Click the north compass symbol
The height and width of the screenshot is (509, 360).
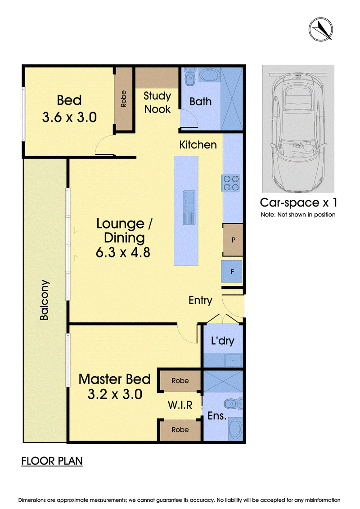tap(320, 29)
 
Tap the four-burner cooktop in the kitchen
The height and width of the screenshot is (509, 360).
tap(231, 183)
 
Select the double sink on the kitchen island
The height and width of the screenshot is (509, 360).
tap(189, 207)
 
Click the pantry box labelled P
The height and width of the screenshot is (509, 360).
tap(233, 240)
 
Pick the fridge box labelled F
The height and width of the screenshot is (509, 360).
tap(232, 271)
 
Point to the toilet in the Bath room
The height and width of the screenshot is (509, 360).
tap(190, 77)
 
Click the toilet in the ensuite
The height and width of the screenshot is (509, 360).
tap(233, 404)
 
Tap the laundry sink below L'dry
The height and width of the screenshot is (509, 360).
tap(234, 360)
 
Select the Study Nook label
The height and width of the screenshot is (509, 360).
tap(157, 103)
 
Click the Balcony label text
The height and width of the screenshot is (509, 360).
tap(44, 300)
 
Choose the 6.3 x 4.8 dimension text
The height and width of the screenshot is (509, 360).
tap(123, 252)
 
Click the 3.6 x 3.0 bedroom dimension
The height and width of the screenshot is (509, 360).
tap(69, 117)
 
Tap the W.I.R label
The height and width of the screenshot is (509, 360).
tap(180, 405)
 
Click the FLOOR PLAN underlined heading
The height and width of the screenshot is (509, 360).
tap(52, 461)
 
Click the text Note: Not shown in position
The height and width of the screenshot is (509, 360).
tap(298, 215)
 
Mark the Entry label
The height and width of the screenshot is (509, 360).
tap(200, 300)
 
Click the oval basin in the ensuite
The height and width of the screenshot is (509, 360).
tap(235, 428)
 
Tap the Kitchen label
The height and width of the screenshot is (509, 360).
tap(198, 145)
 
